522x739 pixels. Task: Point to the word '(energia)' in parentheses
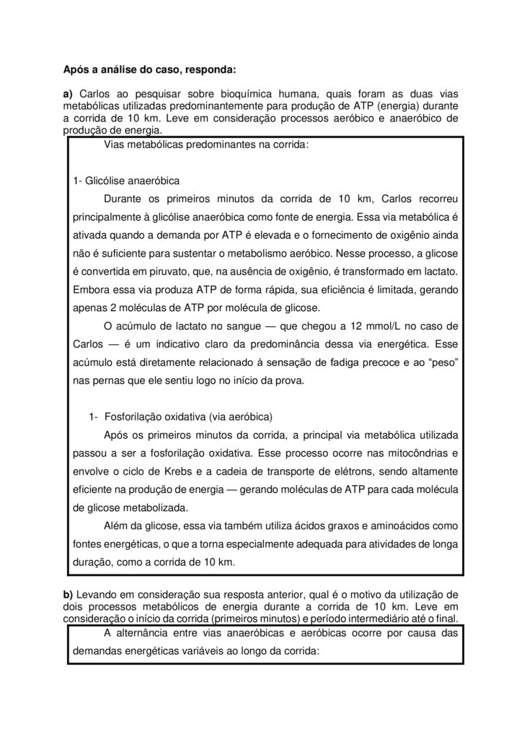coord(394,106)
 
